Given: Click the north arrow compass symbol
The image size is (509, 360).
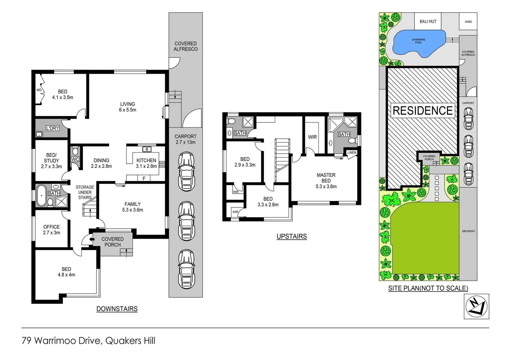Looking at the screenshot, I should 476,306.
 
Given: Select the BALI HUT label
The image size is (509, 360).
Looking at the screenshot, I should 428,21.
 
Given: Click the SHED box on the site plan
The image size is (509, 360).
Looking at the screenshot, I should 468,22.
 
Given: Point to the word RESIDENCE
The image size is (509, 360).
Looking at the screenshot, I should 423,111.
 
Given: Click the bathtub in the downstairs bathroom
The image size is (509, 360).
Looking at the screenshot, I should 41,195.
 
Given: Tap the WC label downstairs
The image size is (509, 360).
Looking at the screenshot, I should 75,159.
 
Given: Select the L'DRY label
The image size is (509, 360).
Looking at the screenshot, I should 52,128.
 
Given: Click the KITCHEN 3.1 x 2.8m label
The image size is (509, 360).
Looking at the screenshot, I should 146,163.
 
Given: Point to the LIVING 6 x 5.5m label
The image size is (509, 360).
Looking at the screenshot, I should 128,107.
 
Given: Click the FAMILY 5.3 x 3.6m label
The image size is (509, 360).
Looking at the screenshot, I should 133,207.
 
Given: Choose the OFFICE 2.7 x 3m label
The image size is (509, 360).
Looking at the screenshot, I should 51,230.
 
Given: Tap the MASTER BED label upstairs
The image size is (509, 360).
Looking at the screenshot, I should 326,181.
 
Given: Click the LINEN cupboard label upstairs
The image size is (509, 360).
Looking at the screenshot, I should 352,153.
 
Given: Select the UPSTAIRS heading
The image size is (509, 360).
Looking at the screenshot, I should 291,236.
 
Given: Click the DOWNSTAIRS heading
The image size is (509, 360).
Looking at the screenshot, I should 117,309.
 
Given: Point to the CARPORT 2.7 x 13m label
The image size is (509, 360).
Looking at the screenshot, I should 186,139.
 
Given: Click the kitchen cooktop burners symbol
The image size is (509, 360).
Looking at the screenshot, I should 162,164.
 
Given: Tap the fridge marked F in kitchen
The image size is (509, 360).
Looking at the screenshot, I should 144,178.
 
